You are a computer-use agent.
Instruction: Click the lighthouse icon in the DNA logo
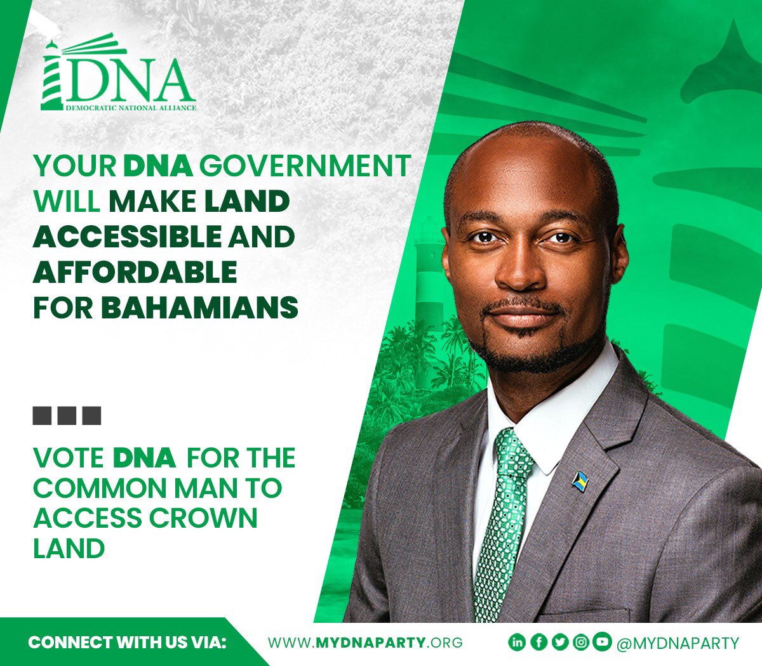click(52, 75)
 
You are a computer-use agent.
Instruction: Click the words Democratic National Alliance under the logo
click(131, 108)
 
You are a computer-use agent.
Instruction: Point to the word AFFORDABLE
click(135, 272)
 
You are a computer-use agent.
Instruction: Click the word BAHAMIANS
click(199, 308)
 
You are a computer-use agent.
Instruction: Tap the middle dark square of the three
click(67, 415)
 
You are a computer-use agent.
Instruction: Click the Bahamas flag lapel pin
click(579, 482)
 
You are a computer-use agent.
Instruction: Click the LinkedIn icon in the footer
click(517, 643)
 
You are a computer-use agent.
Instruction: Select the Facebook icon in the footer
click(538, 643)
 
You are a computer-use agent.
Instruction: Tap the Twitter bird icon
click(559, 643)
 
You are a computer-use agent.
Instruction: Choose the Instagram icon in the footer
click(580, 643)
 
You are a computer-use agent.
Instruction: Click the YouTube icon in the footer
click(601, 643)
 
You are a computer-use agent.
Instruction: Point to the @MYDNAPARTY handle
click(678, 643)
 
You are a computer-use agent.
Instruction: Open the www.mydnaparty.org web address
click(365, 643)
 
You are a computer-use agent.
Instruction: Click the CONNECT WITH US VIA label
click(127, 643)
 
